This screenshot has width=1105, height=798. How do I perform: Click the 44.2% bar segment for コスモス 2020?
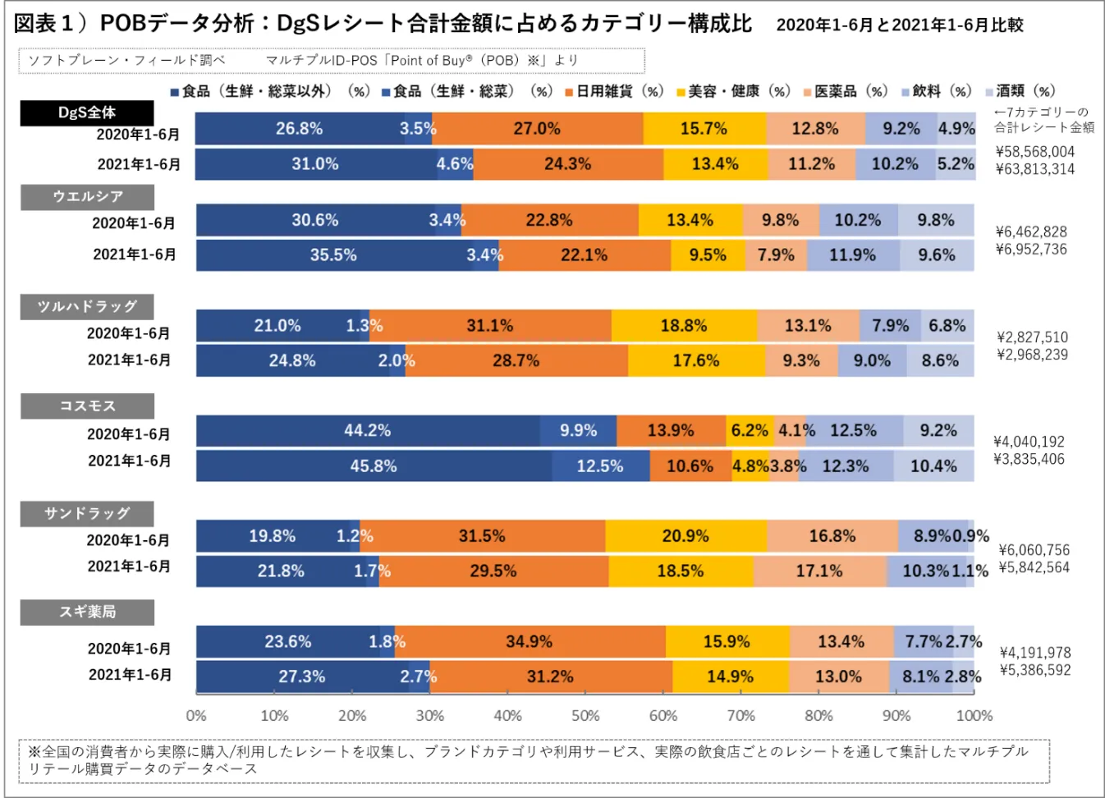(368, 431)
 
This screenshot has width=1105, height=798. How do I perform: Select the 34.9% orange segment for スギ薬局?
(530, 641)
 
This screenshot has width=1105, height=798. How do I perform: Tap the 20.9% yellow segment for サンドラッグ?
(685, 536)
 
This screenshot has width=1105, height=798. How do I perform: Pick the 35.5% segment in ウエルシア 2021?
(333, 255)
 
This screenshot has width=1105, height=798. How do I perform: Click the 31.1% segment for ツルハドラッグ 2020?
(490, 326)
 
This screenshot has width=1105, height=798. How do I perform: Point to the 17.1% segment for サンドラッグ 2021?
(819, 571)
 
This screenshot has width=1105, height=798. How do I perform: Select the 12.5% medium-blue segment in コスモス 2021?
(600, 466)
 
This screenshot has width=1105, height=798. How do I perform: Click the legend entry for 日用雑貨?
(613, 91)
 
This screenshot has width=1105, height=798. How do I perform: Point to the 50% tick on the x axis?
(585, 716)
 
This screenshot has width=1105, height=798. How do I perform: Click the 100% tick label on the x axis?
(974, 716)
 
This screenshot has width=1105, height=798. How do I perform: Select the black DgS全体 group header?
(87, 112)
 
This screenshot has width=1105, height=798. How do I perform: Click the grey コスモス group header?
(87, 406)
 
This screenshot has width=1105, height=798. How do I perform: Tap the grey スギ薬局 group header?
(87, 612)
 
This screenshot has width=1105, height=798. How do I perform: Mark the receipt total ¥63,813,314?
(1034, 169)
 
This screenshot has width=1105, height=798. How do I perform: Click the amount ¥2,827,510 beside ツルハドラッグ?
(1032, 337)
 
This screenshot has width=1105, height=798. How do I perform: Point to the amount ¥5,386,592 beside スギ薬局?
(1034, 670)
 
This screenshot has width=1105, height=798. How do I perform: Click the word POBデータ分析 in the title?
(177, 24)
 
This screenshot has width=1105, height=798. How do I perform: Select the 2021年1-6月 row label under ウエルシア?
(135, 255)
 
